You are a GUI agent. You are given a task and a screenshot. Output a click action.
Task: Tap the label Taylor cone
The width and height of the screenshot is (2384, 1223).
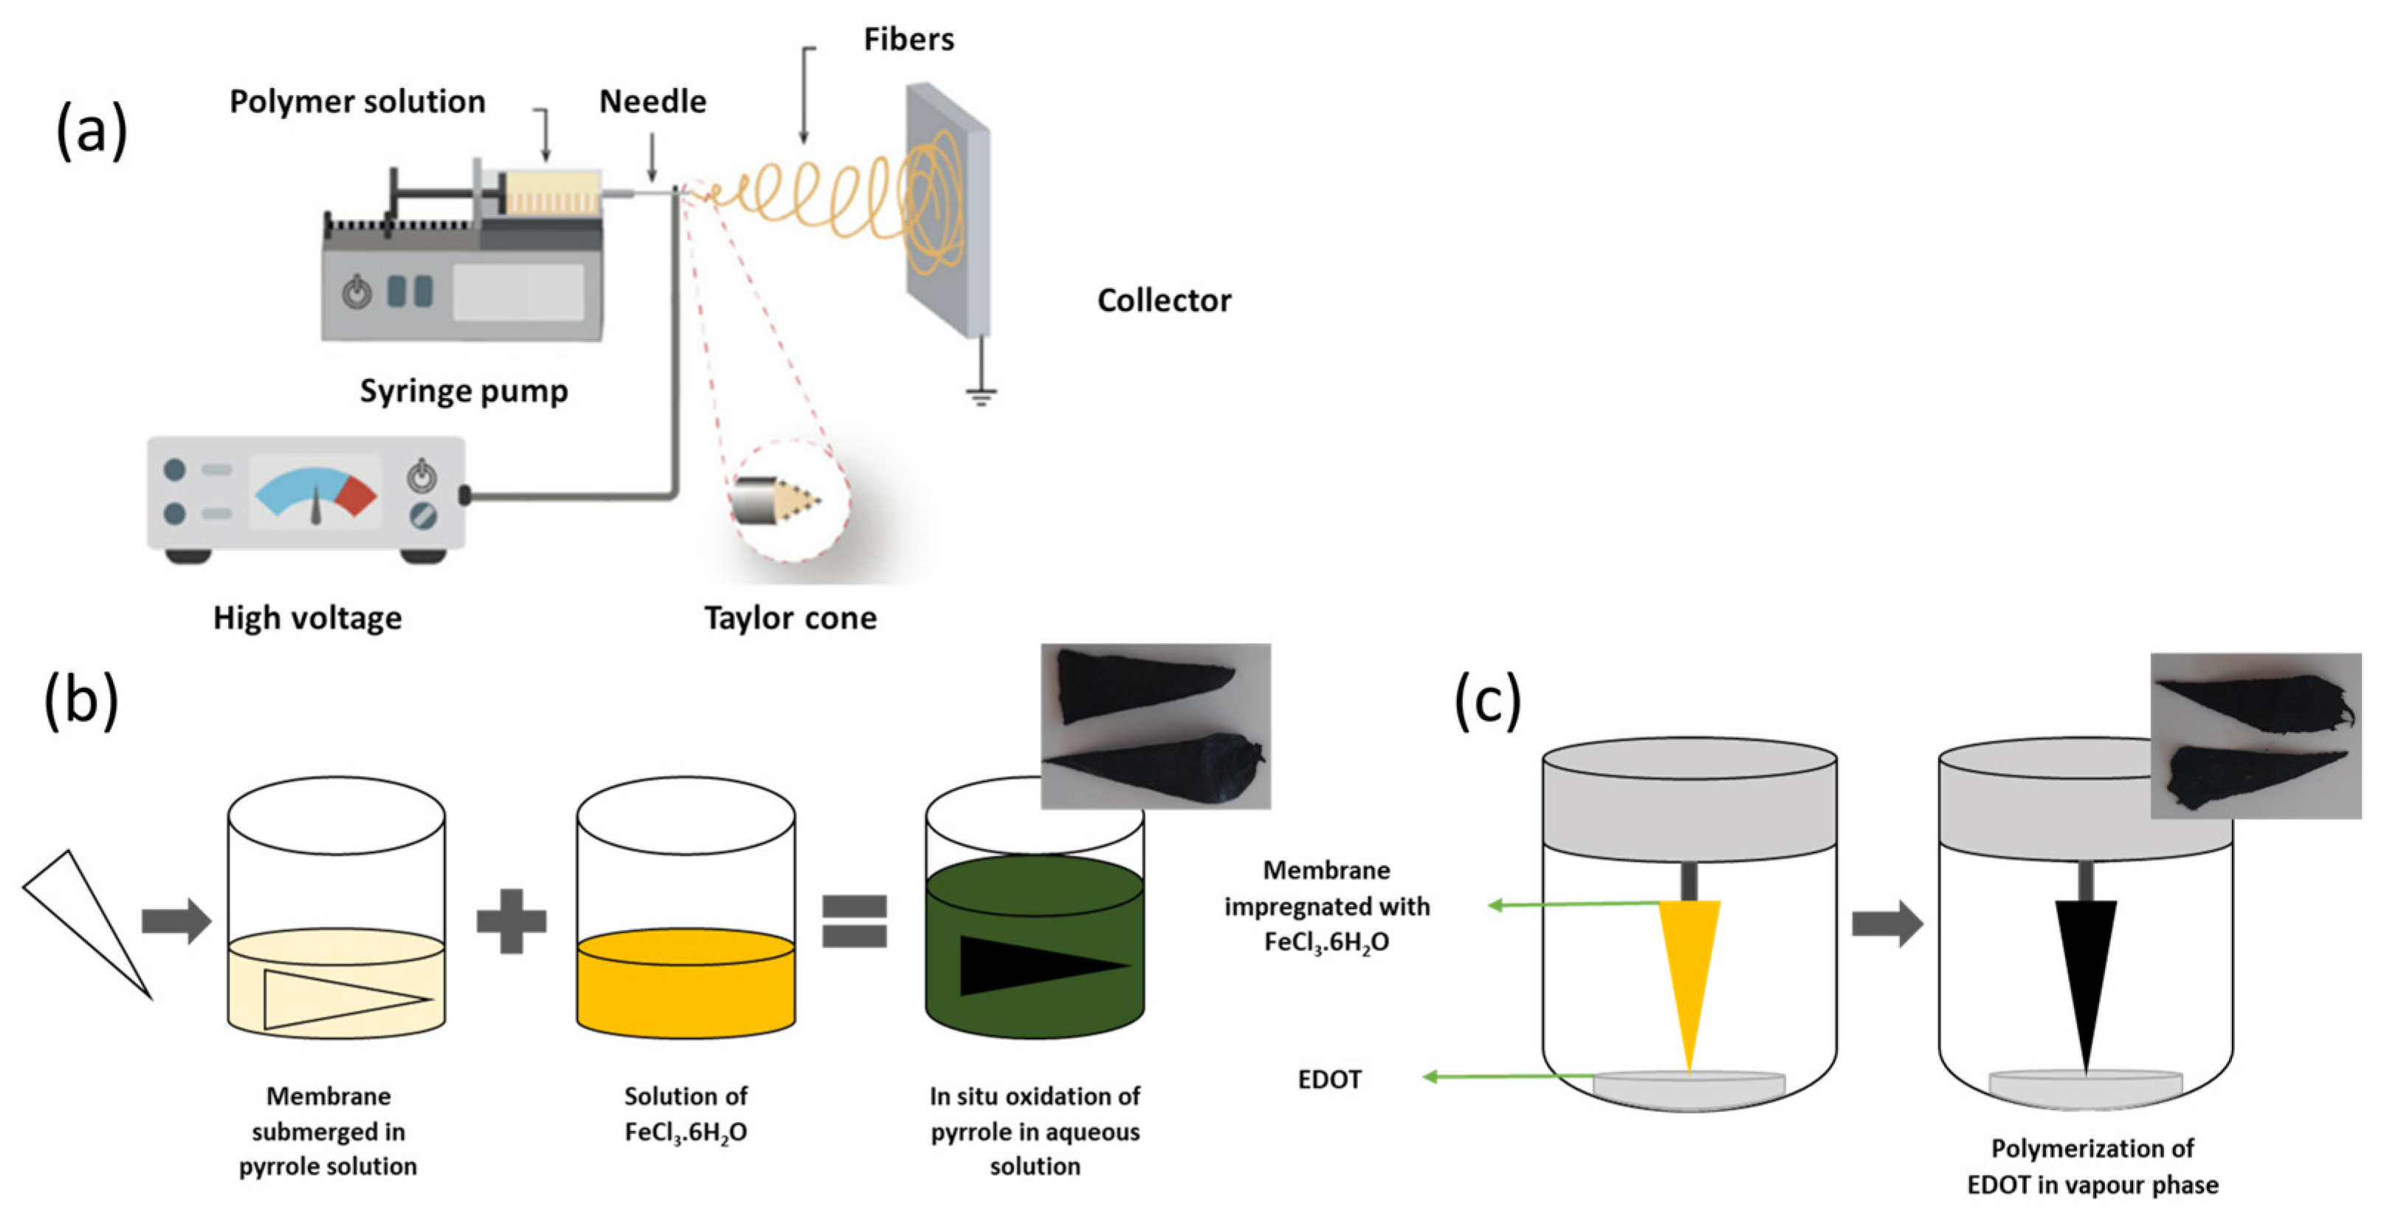[x=790, y=617]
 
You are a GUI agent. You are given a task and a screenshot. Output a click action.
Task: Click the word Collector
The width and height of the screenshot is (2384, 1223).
[x=1163, y=300]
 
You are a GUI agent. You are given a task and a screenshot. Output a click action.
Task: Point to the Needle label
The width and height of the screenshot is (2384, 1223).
[x=652, y=101]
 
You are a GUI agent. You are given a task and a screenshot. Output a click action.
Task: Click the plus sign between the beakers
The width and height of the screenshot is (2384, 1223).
[x=511, y=920]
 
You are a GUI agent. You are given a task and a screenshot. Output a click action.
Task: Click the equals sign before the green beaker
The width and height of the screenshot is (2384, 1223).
[x=854, y=920]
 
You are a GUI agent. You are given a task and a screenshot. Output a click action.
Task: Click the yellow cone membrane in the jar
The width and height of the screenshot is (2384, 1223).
[x=1689, y=967]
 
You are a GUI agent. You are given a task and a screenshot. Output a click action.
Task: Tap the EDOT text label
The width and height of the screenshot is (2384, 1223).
[x=1329, y=1080]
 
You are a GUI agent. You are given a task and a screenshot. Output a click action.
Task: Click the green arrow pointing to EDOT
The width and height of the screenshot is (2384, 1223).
[x=1509, y=1076]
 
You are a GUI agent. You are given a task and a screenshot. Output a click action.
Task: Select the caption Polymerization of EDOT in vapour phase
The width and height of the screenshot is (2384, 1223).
[x=2092, y=1167]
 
